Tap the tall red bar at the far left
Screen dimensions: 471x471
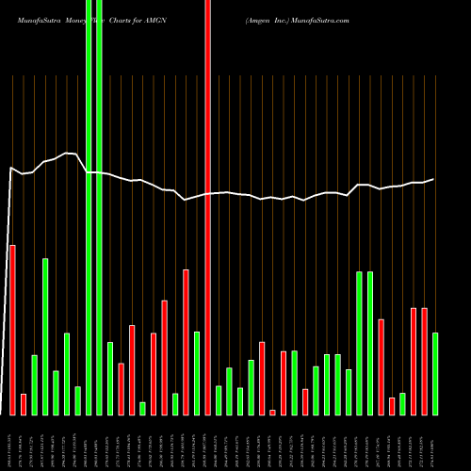[12, 330]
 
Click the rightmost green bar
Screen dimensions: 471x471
[435, 374]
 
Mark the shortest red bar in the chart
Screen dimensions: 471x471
[272, 412]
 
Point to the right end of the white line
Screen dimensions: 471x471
[434, 179]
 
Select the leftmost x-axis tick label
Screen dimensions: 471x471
[12, 443]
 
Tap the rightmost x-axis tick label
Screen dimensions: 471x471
[435, 443]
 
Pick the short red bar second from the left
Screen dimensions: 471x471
[24, 404]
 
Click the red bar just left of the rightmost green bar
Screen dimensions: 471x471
[425, 362]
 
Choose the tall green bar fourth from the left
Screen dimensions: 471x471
[45, 336]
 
